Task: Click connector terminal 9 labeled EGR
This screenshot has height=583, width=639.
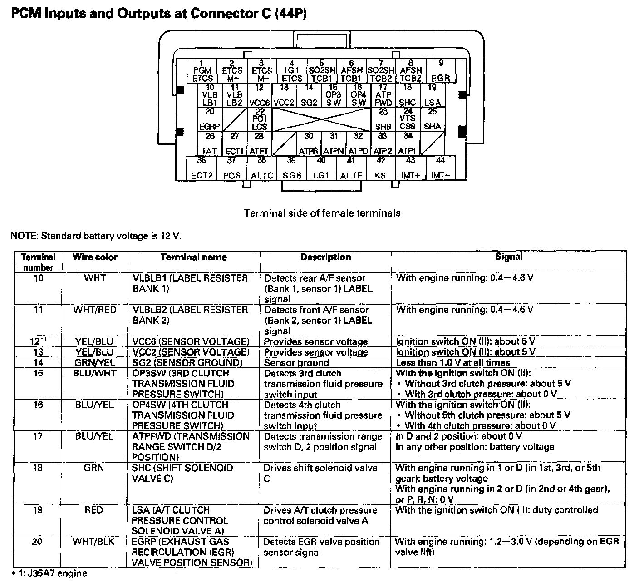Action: pos(441,71)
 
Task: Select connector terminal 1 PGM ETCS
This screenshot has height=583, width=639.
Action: pos(202,71)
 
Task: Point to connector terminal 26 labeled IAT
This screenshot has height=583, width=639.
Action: pos(210,143)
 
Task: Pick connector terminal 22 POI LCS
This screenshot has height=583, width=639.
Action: pos(260,119)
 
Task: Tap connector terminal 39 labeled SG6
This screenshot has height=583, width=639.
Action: pos(292,168)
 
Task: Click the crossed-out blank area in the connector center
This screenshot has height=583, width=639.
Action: pos(322,119)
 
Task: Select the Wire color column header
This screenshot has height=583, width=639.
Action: pos(94,257)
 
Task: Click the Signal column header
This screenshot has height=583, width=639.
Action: pos(508,257)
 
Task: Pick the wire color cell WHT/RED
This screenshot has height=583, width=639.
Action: pos(94,310)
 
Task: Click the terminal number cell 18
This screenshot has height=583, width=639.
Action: pos(38,468)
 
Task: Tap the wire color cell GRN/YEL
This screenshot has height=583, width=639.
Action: pos(94,362)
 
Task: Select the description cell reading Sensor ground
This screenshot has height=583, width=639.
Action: pos(297,363)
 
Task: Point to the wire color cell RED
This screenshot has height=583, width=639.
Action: pos(94,510)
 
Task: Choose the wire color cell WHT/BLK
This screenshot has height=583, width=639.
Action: pos(94,542)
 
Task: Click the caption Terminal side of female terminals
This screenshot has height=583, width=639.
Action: pos(322,213)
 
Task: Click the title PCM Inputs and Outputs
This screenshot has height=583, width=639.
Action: pos(159,14)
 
